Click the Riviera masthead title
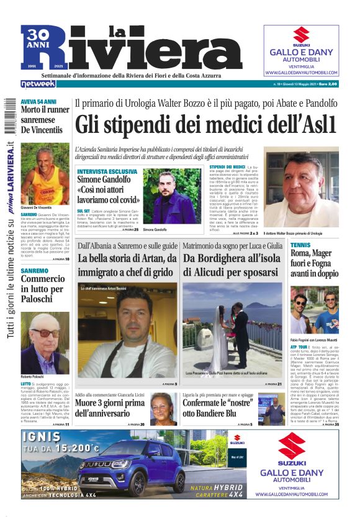143,50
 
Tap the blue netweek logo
38,83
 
